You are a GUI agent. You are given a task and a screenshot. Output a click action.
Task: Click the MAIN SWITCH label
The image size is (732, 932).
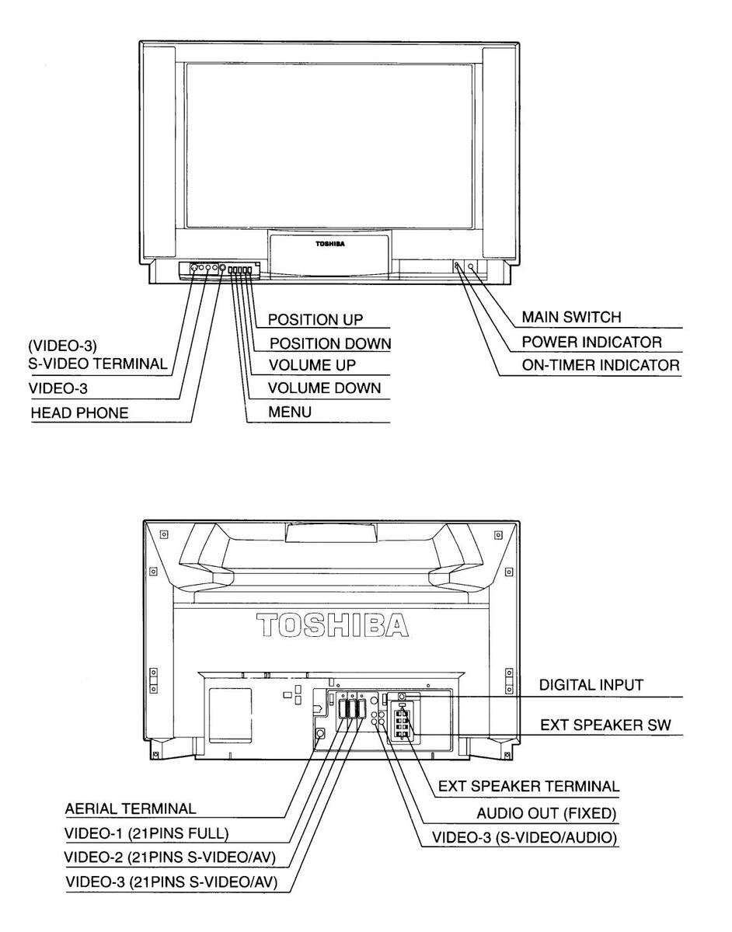click(x=571, y=317)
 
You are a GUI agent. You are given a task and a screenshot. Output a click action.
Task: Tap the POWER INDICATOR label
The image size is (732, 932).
click(x=591, y=341)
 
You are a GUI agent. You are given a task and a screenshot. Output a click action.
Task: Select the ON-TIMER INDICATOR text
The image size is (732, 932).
click(x=601, y=364)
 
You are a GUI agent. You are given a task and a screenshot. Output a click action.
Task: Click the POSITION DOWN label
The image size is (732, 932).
click(x=329, y=343)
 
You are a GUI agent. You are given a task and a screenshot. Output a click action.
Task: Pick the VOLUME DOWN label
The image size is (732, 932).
click(x=325, y=388)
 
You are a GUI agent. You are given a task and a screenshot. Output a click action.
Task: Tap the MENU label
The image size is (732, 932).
click(x=290, y=412)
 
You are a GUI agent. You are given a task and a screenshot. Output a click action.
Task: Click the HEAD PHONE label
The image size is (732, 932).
click(x=79, y=412)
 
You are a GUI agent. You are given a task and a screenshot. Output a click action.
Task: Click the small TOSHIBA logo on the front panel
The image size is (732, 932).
click(x=330, y=244)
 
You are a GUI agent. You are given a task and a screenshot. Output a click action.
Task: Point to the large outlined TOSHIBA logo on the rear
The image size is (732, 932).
click(x=333, y=625)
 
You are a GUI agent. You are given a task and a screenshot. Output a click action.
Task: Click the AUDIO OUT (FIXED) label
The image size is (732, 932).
click(x=548, y=813)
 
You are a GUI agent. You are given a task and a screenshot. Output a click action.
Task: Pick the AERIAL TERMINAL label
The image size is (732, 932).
click(x=131, y=809)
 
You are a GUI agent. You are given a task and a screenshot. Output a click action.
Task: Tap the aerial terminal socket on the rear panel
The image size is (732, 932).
click(x=319, y=732)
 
